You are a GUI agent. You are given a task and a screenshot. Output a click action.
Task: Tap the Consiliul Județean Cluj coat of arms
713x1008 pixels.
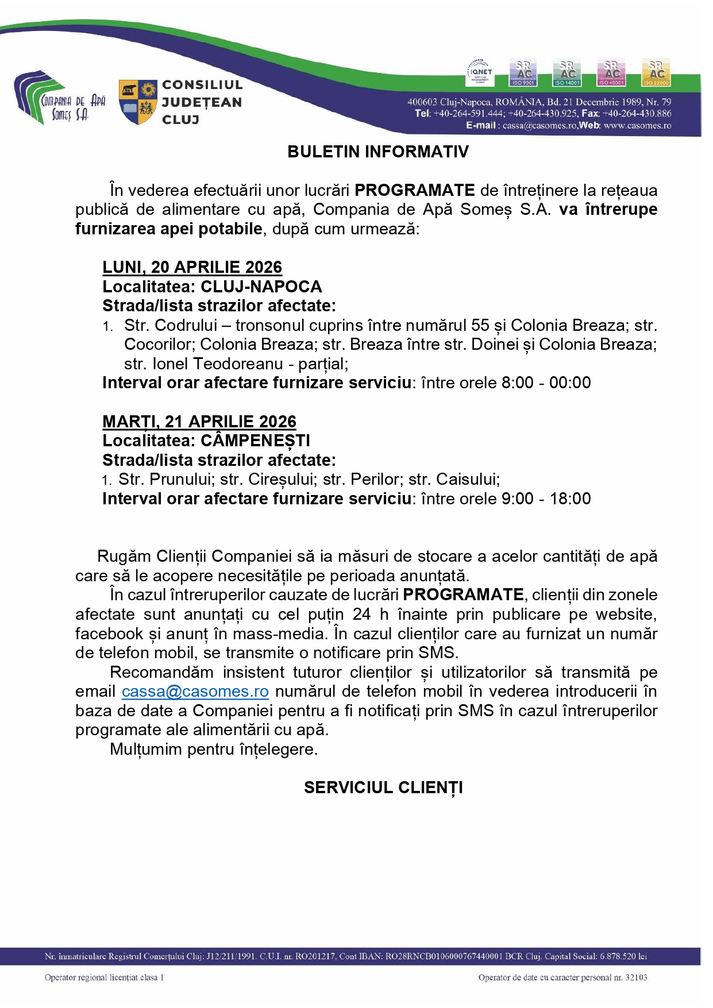coord(138,102)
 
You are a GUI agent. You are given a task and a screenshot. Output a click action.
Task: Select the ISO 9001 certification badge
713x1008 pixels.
coord(523,73)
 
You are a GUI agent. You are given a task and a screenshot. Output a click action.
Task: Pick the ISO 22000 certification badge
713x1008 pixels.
coord(656,73)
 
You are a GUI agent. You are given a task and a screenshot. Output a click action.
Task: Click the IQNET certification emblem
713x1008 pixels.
coord(480,72)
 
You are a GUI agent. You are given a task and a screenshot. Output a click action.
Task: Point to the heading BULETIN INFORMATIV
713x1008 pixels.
coord(378,152)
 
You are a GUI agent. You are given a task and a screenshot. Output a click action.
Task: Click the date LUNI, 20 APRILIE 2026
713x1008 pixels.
coord(192,267)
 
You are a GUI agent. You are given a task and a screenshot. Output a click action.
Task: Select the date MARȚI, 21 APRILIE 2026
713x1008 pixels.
coord(199,422)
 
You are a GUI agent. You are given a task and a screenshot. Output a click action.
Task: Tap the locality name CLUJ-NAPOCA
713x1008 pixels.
coord(261,287)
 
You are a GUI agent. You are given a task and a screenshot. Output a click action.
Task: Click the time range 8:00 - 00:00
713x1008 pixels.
coord(546,383)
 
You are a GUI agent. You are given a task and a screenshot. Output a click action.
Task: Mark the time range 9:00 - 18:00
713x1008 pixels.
coord(546,499)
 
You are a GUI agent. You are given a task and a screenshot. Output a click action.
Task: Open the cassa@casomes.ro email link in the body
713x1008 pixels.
coord(195,692)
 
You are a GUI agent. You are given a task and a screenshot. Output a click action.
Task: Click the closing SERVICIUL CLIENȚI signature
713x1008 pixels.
coord(383,787)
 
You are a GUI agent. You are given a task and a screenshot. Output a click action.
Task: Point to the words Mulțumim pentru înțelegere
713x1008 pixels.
coord(214,750)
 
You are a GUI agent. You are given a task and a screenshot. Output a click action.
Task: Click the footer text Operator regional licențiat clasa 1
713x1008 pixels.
coord(104,978)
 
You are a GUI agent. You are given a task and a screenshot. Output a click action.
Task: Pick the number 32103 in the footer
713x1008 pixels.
coord(636,978)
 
